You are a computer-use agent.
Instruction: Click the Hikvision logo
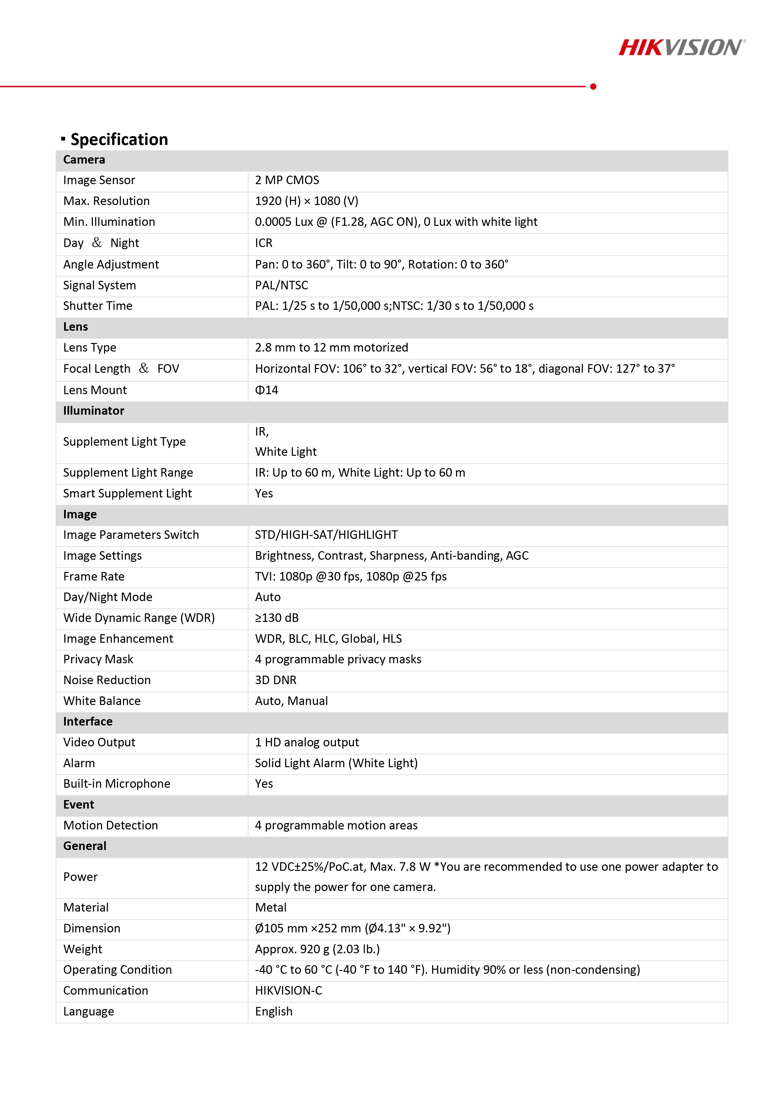[682, 48]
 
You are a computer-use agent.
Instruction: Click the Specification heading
[119, 140]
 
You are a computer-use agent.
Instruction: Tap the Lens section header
[76, 327]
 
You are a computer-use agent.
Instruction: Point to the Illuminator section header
[94, 411]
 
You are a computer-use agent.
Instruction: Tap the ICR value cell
[264, 243]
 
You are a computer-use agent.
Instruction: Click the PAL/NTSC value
[282, 285]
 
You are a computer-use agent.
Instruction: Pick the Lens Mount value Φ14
[266, 390]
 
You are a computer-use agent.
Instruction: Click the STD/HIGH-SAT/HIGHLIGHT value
[326, 535]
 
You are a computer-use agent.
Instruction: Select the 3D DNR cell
[276, 680]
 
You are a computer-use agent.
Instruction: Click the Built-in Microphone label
[117, 784]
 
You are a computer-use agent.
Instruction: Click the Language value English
[274, 1011]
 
